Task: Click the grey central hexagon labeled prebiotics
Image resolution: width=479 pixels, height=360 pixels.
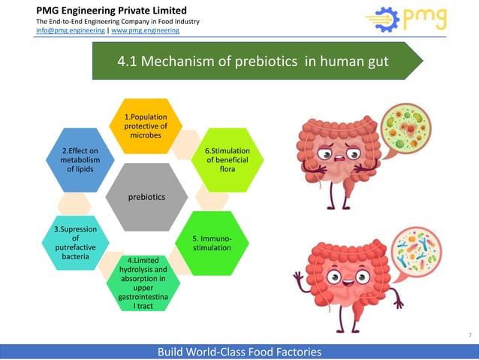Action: click(x=147, y=196)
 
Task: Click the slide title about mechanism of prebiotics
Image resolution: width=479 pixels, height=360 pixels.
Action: click(x=253, y=61)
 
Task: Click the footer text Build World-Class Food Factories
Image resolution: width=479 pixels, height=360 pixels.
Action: click(x=239, y=351)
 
